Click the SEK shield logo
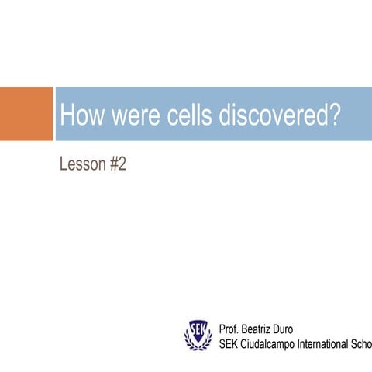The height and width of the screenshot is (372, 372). pyautogui.click(x=198, y=336)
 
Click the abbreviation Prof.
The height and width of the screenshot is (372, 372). pyautogui.click(x=229, y=329)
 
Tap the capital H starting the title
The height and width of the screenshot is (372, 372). pyautogui.click(x=67, y=115)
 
